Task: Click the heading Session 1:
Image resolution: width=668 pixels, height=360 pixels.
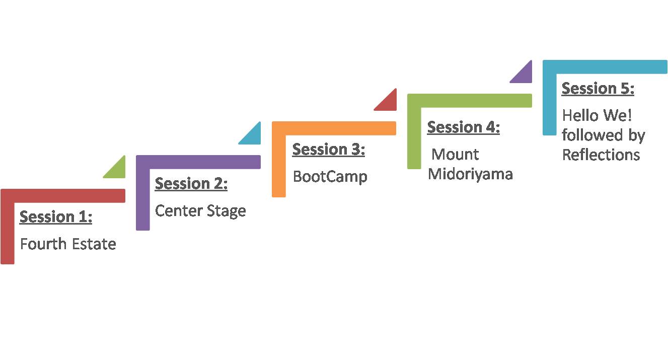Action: click(56, 217)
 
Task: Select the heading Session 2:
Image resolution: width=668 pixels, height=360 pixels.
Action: click(191, 183)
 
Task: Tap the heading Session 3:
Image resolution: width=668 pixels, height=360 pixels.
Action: click(329, 149)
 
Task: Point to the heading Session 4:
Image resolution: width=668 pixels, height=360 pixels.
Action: click(464, 127)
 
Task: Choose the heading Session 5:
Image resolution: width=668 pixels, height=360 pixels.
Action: click(598, 88)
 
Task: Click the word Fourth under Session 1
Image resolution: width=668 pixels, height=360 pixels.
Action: click(43, 244)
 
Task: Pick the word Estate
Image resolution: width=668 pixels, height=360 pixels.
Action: click(94, 244)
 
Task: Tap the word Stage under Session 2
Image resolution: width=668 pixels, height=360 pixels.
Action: click(227, 211)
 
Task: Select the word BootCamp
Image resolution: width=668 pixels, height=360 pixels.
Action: click(330, 177)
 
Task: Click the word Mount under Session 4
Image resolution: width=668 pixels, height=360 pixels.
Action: click(455, 155)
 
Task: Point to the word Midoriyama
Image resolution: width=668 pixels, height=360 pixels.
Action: click(470, 174)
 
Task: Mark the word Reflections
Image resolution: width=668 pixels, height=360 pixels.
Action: click(601, 155)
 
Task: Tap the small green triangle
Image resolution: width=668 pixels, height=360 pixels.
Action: click(118, 171)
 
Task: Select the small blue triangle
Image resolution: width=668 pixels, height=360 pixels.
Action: click(253, 137)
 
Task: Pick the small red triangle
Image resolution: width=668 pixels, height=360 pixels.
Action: click(389, 103)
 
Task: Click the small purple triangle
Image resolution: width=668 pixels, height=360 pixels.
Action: click(524, 75)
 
